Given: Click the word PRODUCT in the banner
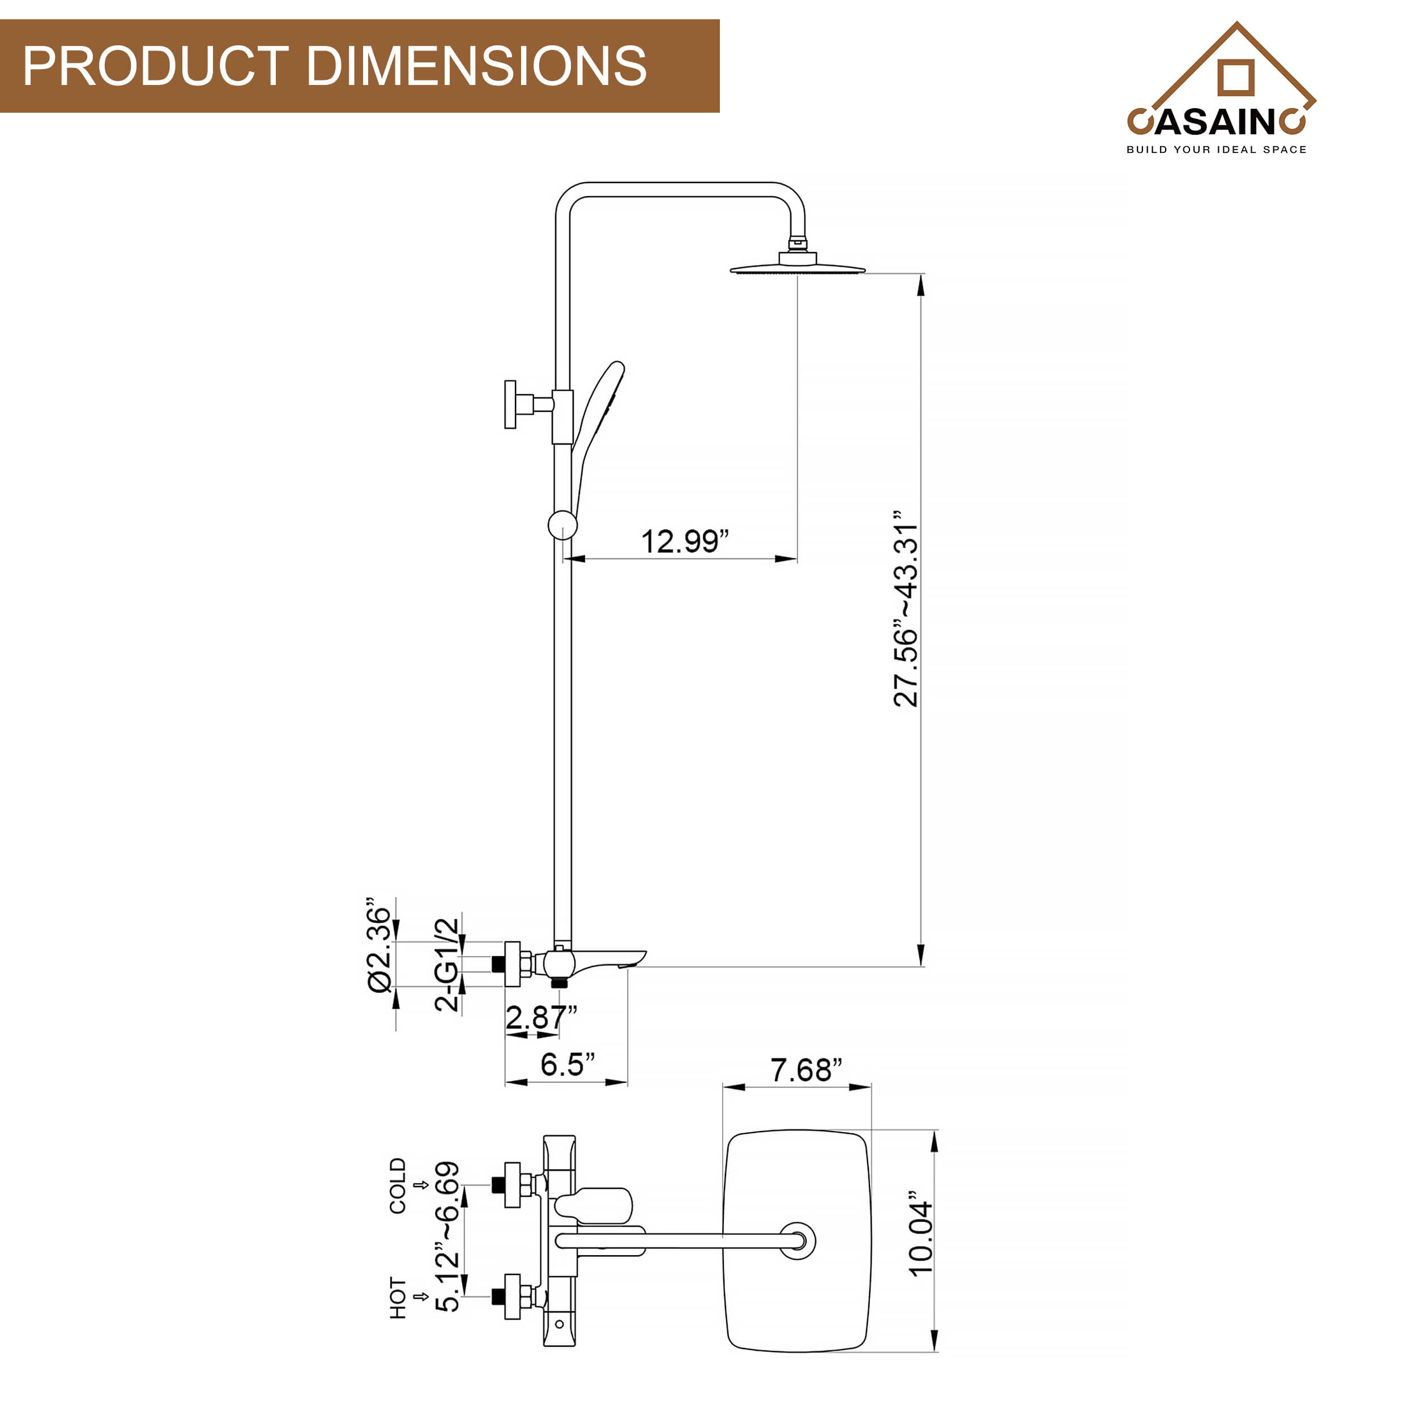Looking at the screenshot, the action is point(155,66).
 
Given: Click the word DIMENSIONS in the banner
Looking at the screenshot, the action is point(476,66).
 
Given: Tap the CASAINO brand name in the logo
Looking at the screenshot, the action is point(1217,122).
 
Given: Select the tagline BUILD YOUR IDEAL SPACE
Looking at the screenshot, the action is point(1217,150).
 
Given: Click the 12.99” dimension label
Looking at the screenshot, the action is point(685,541).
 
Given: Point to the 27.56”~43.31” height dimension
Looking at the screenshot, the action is point(906,608).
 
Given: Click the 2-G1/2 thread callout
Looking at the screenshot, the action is point(447,965).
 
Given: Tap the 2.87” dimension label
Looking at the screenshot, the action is point(541,1017).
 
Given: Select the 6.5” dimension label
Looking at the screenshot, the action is point(568,1064).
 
